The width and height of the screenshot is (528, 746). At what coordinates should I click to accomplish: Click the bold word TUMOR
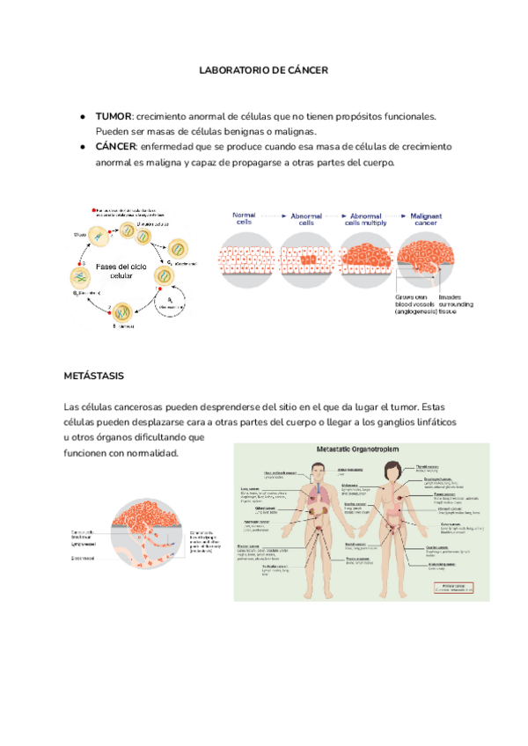pos(113,116)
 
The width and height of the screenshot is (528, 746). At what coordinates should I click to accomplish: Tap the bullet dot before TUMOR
pos(81,116)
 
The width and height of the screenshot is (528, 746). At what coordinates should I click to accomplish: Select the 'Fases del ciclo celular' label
pos(121,270)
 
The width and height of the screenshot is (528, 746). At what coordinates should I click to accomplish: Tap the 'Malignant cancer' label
pos(426,219)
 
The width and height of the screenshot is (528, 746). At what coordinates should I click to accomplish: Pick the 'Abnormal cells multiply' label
pos(366,219)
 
